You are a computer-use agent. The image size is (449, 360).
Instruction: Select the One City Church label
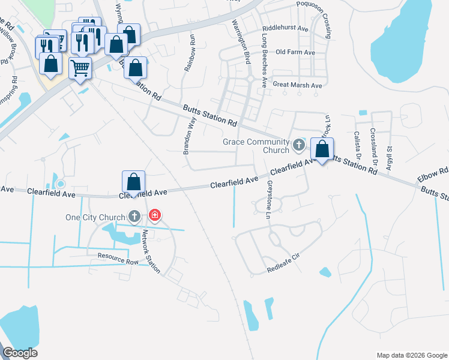point(95,217)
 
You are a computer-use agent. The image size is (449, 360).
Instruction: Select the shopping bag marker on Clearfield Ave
point(133,182)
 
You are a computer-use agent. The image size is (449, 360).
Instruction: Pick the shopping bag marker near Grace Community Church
point(322,149)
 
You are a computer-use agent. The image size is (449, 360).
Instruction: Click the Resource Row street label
point(118,259)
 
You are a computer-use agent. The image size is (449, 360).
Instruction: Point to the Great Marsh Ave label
point(297,86)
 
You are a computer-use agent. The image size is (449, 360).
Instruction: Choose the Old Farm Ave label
point(295,53)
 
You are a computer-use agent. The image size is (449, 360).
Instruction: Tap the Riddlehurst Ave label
point(285,28)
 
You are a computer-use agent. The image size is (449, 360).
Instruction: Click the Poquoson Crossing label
point(321,19)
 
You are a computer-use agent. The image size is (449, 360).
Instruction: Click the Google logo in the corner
point(20,353)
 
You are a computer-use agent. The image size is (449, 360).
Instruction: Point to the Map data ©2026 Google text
point(412,355)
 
